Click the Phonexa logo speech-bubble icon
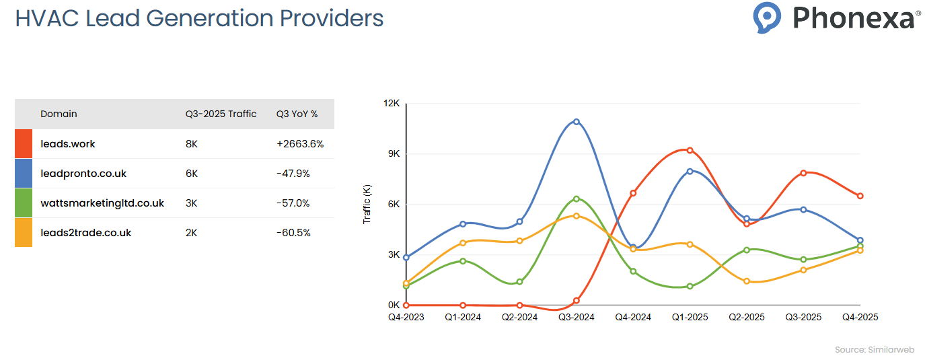click(x=767, y=17)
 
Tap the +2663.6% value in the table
click(x=300, y=144)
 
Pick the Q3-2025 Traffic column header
click(x=221, y=114)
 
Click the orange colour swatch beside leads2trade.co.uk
click(x=24, y=233)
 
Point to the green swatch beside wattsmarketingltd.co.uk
click(x=24, y=203)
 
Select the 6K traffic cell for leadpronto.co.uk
click(x=192, y=174)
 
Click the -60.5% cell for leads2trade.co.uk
click(x=293, y=233)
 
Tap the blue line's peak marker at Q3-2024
click(x=577, y=122)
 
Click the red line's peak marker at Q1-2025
click(x=690, y=150)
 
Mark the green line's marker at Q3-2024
click(x=577, y=199)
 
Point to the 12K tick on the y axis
click(x=392, y=104)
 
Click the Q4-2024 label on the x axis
click(x=633, y=317)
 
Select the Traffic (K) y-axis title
click(x=367, y=205)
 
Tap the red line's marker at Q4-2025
click(x=860, y=196)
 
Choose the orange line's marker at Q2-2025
click(x=747, y=281)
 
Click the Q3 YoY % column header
click(x=297, y=114)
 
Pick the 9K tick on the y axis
click(x=393, y=154)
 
